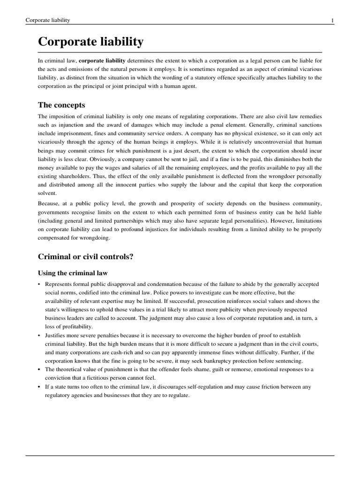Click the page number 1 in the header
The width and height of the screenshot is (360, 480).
coord(332,21)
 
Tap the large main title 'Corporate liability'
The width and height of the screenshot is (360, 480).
coord(90,42)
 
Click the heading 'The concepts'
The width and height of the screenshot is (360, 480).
coord(61,105)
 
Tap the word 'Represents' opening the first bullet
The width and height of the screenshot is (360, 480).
coord(60,285)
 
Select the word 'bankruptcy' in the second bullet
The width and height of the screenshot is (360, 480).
coord(234,361)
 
